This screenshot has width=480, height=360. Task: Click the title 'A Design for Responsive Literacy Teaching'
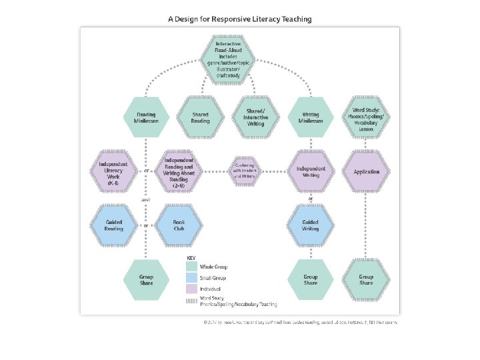[239, 19]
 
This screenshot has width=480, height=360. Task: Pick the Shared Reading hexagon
[201, 117]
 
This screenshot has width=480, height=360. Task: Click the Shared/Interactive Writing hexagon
[256, 117]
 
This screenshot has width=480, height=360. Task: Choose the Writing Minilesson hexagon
[311, 117]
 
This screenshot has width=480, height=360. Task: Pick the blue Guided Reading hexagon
[114, 225]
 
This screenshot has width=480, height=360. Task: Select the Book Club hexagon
[179, 225]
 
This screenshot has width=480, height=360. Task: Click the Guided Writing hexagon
[311, 225]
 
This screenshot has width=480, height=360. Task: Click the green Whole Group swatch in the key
[191, 267]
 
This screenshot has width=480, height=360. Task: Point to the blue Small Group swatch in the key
[191, 278]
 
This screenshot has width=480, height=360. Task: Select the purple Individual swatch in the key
[191, 289]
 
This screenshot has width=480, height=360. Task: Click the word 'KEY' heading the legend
[191, 257]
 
